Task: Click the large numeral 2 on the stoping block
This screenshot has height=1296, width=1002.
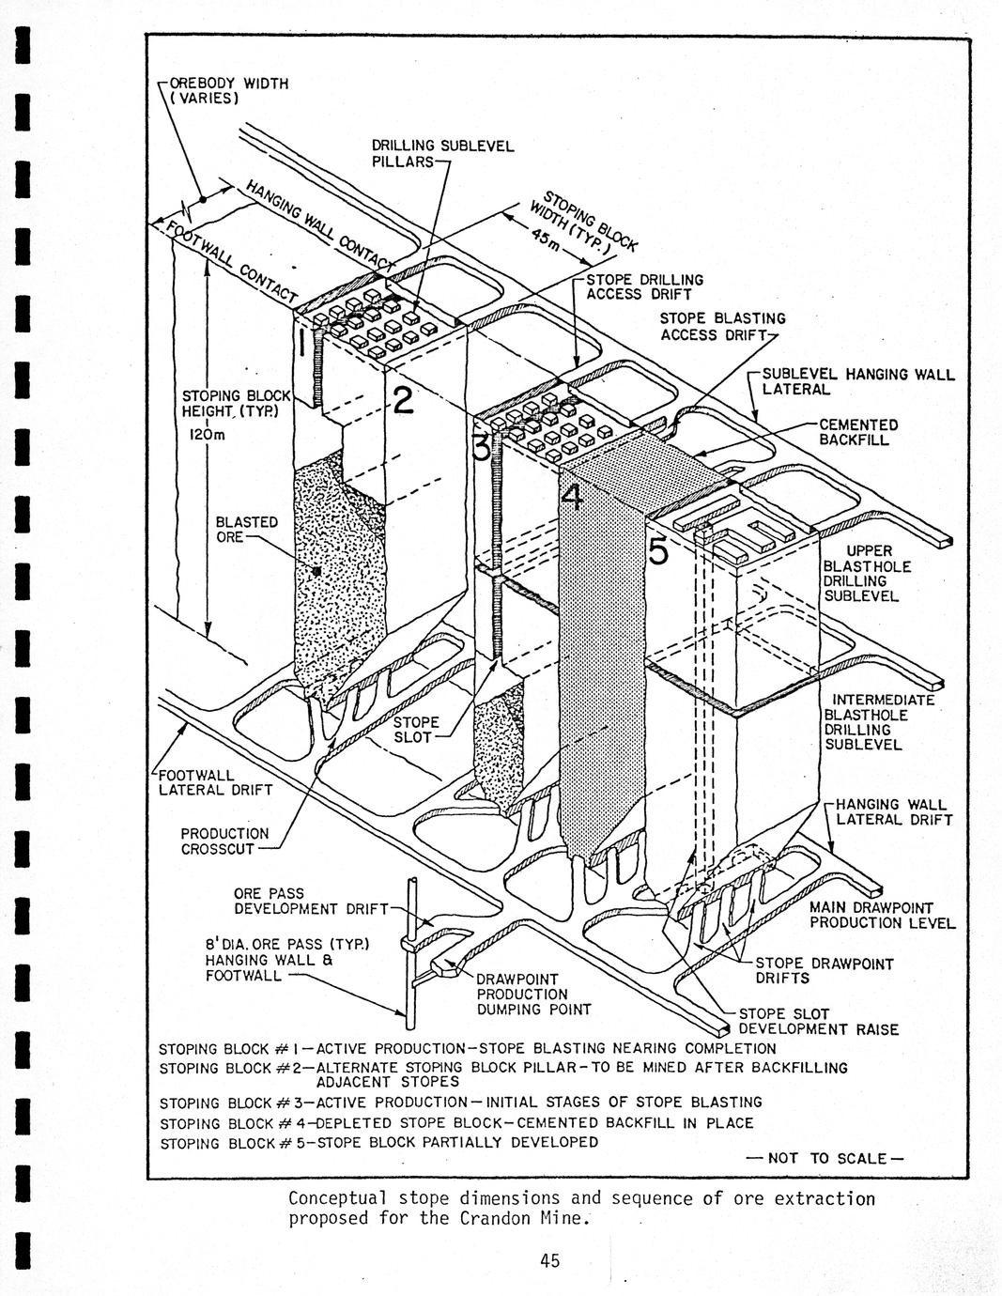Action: tap(402, 400)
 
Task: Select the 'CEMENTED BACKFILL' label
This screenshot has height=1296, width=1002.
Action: tap(858, 432)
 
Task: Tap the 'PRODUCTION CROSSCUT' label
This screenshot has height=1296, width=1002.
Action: tap(224, 841)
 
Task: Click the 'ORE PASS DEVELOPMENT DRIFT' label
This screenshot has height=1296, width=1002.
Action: tap(311, 901)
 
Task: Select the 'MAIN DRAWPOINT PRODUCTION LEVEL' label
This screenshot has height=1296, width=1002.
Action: tap(882, 915)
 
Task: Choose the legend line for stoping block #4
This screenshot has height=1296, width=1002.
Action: tap(456, 1123)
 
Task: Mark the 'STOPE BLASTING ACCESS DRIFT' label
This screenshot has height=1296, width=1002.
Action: tap(722, 326)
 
